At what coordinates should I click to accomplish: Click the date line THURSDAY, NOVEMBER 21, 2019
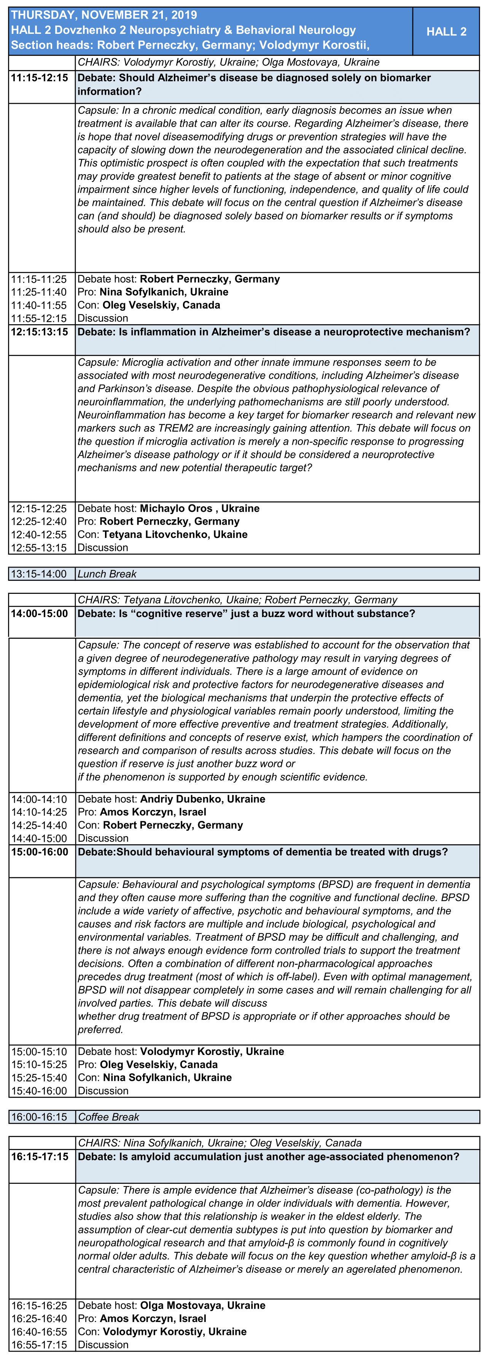104,15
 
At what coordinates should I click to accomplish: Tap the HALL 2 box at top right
446,32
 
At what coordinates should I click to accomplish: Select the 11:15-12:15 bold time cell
40,78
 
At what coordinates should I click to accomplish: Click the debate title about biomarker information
254,84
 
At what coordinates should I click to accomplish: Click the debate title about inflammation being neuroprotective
274,332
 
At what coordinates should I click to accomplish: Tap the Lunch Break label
107,574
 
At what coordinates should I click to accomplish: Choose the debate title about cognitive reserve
246,614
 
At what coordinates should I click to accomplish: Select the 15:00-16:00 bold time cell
40,852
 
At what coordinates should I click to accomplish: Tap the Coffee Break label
108,1117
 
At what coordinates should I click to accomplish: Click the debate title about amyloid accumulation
268,1157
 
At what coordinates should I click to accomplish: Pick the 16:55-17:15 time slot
40,1344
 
